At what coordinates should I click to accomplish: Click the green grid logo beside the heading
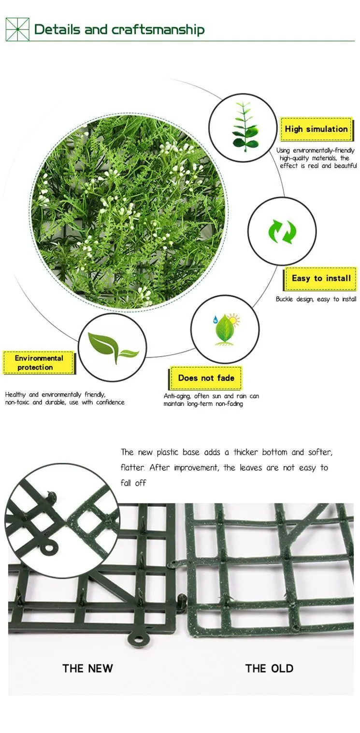point(17,29)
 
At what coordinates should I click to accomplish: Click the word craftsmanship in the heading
point(158,30)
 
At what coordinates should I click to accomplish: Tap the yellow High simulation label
point(316,129)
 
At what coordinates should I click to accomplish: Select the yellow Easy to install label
point(321,278)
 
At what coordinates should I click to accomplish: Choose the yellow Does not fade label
point(206,378)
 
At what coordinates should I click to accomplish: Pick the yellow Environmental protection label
point(39,362)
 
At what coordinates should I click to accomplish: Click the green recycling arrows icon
point(282,231)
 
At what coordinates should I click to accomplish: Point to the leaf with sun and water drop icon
point(226,329)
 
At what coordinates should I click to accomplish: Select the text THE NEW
point(88,668)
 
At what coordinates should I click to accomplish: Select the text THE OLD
point(269,668)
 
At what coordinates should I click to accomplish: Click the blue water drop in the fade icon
point(216,319)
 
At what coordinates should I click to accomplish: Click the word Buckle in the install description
point(285,299)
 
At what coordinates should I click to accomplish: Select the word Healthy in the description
point(15,395)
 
